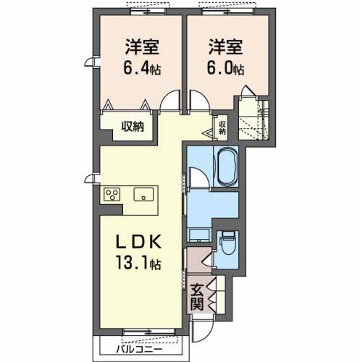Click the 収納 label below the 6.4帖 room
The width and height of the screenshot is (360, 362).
pos(133,126)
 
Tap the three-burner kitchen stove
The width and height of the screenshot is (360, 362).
pos(113,194)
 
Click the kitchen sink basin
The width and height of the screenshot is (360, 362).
pos(143,194)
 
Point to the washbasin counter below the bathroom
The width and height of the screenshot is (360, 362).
pos(199,234)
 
